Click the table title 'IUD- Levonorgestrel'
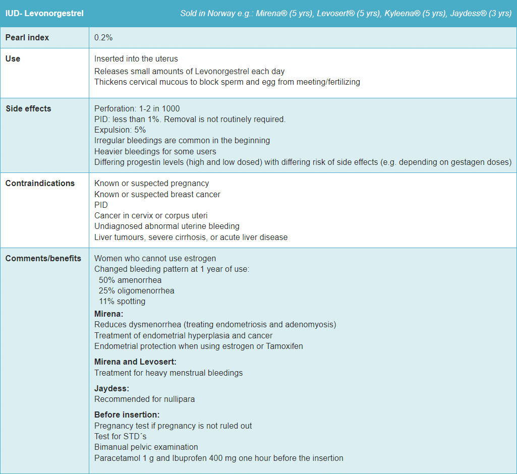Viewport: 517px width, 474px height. pyautogui.click(x=44, y=13)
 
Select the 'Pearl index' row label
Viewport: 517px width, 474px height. pyautogui.click(x=27, y=38)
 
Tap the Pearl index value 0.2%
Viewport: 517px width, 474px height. pyautogui.click(x=103, y=38)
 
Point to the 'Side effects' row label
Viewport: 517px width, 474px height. pyautogui.click(x=28, y=108)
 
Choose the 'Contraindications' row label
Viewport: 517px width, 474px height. pyautogui.click(x=40, y=183)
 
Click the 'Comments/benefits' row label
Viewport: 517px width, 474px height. pyautogui.click(x=43, y=258)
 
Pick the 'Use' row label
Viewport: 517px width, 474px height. pyautogui.click(x=13, y=58)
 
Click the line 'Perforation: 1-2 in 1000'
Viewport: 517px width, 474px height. pyautogui.click(x=137, y=108)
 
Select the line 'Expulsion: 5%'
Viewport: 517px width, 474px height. pyautogui.click(x=120, y=130)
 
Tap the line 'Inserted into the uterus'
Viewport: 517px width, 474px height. pyautogui.click(x=136, y=59)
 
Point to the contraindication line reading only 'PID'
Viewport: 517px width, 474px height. pyautogui.click(x=101, y=205)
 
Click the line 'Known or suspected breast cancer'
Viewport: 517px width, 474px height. pyautogui.click(x=157, y=194)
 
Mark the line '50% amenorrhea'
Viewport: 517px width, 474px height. pyautogui.click(x=130, y=280)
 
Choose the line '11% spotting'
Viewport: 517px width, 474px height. pyautogui.click(x=122, y=301)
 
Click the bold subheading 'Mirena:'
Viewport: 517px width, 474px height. pyautogui.click(x=108, y=314)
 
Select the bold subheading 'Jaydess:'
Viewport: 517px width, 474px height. pyautogui.click(x=111, y=388)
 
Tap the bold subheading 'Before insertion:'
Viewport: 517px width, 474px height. pyautogui.click(x=127, y=414)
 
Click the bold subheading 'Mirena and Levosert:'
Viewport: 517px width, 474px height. pyautogui.click(x=135, y=362)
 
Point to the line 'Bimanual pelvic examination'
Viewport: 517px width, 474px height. pyautogui.click(x=146, y=447)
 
